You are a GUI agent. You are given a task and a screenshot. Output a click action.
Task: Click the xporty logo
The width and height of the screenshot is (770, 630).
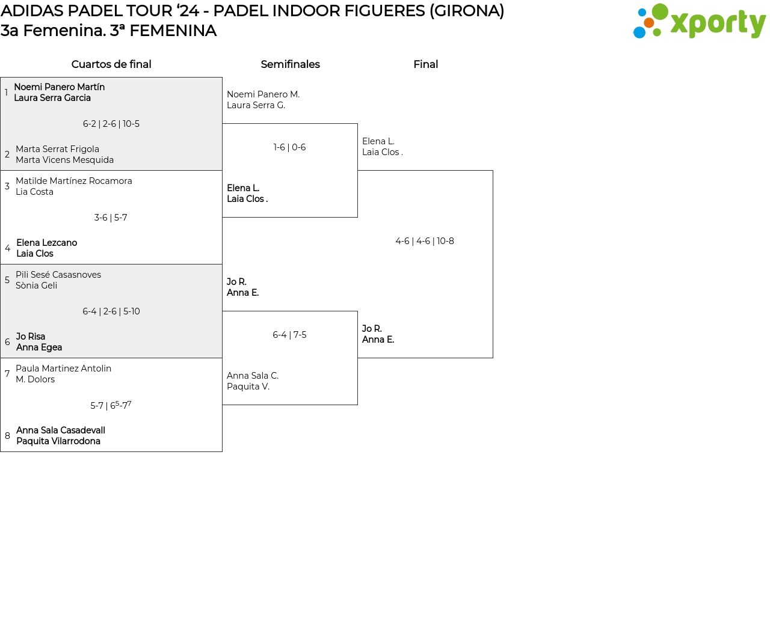699,22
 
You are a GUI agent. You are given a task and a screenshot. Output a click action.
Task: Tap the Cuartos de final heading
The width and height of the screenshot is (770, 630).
111,64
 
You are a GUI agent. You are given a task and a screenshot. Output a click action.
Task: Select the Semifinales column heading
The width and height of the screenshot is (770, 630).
290,64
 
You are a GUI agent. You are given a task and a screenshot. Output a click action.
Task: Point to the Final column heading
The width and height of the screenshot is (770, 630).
425,64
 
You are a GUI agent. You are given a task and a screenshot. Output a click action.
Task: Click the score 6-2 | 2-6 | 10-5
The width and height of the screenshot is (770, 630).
111,124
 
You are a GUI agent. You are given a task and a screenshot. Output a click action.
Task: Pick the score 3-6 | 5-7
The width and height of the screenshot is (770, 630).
111,218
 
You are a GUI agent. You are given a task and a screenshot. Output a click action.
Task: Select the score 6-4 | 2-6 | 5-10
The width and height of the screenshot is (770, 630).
111,311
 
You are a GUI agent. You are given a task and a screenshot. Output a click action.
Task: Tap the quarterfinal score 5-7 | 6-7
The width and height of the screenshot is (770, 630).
111,405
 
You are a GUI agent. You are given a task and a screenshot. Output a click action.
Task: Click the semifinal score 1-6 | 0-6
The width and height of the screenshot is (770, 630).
289,147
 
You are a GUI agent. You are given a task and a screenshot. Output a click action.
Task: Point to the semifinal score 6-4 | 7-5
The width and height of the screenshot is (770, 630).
289,335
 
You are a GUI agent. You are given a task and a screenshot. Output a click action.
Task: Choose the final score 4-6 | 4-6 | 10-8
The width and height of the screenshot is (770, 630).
425,241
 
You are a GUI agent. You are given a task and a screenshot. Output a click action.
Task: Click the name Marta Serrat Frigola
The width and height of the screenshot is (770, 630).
57,149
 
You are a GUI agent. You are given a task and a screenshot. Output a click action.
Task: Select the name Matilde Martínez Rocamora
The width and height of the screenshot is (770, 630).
73,181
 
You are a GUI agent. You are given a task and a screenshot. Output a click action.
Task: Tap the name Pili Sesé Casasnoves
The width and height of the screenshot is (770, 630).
58,275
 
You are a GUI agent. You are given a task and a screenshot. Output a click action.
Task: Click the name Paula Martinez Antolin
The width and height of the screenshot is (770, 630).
63,369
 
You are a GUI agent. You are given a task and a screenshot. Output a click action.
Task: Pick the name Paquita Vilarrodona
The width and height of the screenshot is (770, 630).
58,441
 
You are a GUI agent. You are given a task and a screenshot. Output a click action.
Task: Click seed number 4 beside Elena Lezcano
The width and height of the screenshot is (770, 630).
7,248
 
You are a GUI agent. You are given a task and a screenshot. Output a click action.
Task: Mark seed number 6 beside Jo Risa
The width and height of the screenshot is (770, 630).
7,342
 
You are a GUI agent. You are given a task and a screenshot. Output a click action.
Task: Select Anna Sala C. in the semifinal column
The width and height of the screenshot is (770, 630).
253,376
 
